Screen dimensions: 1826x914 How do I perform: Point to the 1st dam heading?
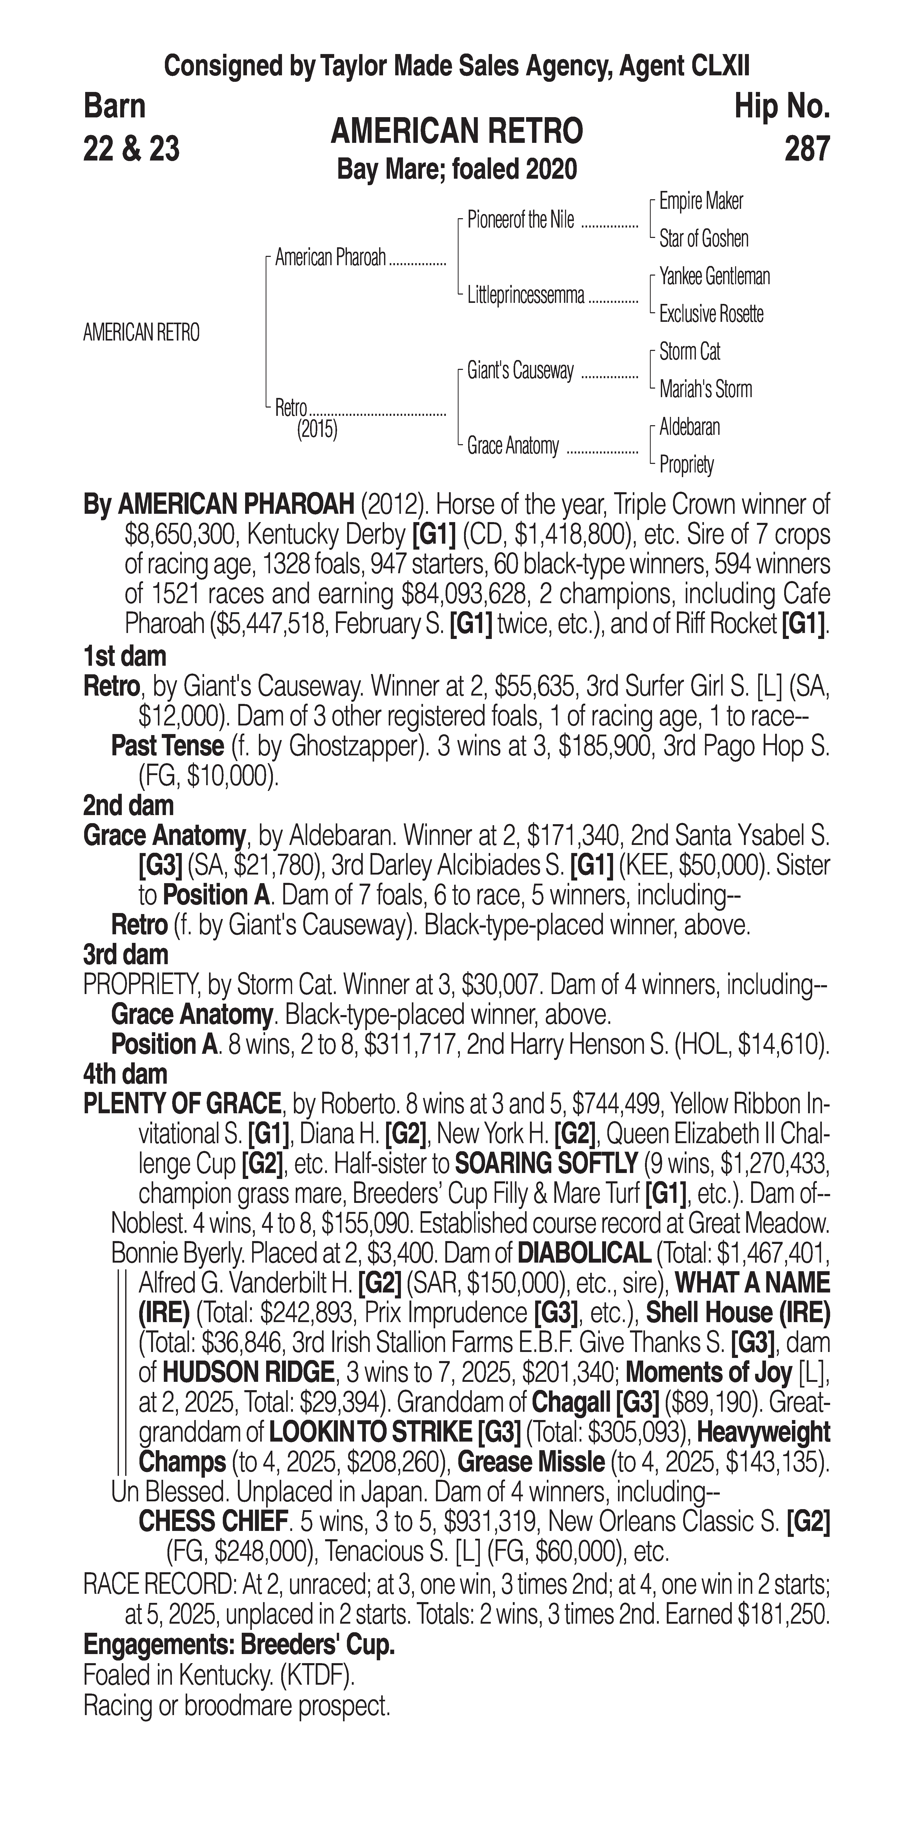125,656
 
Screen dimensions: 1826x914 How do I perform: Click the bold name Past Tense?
167,747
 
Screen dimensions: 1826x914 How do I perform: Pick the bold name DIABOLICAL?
584,1253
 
